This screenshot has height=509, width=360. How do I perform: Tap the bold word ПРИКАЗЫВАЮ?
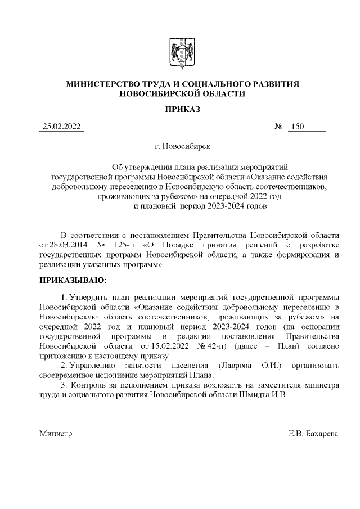pos(72,280)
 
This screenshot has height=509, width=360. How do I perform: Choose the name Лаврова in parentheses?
pos(233,366)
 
